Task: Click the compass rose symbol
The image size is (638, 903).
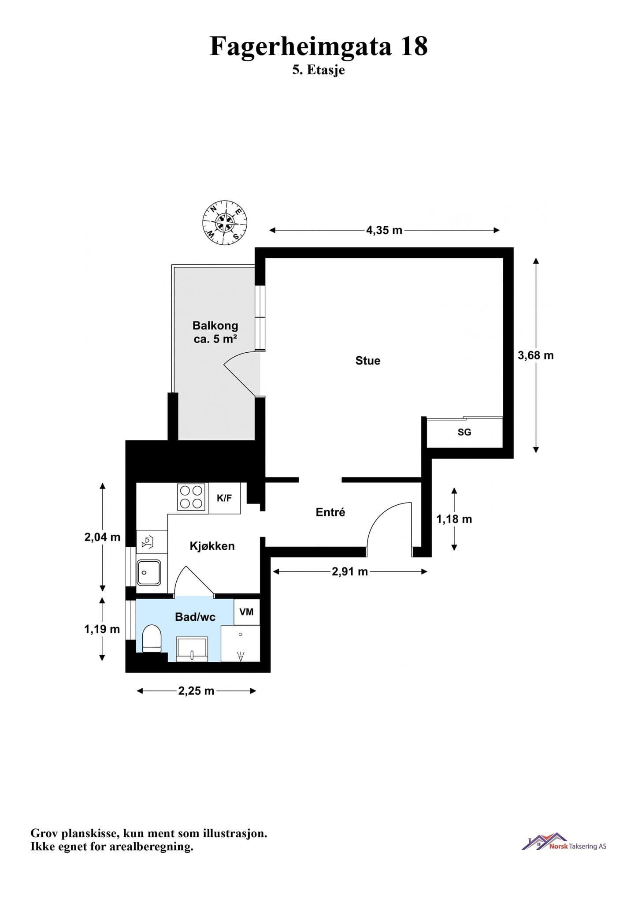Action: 225,223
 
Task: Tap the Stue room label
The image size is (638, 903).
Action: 368,361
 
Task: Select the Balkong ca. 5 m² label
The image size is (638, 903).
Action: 215,332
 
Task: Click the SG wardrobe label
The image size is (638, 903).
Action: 464,432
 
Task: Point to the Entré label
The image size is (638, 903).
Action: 330,512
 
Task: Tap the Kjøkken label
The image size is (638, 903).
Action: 212,546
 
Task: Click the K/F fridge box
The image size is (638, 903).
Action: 225,498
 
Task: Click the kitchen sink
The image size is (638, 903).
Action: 149,572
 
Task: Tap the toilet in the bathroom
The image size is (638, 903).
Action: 152,638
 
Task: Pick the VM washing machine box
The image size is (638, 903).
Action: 247,612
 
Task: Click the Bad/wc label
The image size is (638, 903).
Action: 195,617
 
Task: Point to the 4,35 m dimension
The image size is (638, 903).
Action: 384,230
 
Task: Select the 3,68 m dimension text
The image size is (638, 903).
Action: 536,355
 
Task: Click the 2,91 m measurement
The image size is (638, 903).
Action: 350,572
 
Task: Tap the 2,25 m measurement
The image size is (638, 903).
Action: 196,691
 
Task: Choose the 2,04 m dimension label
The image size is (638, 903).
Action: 102,537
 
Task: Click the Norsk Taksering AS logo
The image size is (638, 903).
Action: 564,842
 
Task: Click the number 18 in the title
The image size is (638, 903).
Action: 414,46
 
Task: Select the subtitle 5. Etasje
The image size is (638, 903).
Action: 319,70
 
